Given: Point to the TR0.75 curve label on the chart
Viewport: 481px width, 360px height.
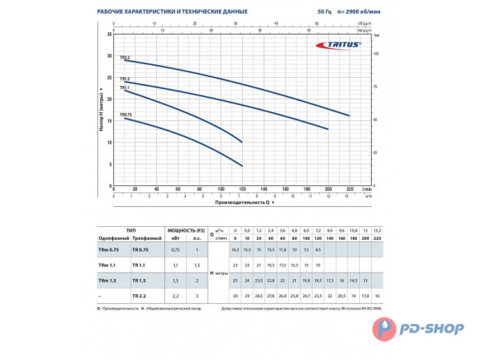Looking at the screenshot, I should coord(126,115).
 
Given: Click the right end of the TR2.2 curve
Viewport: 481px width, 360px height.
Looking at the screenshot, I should coord(350,116).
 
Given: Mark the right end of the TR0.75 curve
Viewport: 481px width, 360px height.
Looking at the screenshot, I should coord(242,166).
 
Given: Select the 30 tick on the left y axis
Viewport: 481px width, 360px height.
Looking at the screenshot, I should coord(110,56).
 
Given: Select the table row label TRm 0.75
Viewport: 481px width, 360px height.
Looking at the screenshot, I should coord(107,250).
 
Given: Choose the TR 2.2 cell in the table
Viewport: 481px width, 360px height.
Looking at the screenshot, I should coord(141,296).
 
